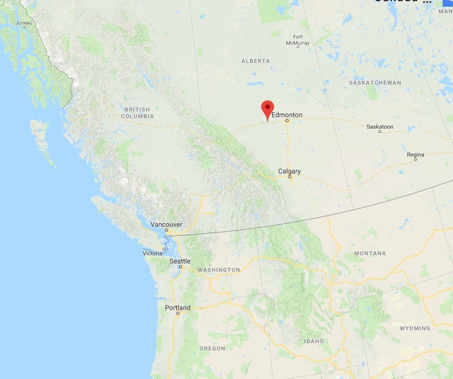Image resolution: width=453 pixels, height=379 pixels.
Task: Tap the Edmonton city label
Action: pos(286,115)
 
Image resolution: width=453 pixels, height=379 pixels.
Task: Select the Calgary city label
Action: pos(289,171)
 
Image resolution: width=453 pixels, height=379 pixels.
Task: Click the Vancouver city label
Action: pos(166,224)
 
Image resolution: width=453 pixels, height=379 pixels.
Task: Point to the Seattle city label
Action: pos(180,261)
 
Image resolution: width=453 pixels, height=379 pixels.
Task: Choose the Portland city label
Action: pos(177,308)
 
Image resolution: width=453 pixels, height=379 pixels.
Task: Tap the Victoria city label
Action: pos(153,253)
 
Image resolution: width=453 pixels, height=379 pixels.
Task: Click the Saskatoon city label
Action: pos(380,126)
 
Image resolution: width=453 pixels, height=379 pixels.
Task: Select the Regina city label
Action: pos(415,155)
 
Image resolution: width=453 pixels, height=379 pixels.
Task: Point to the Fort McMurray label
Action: pos(301,40)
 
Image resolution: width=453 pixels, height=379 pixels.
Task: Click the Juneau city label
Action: pos(24,23)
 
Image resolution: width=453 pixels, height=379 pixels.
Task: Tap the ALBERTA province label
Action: pos(255,61)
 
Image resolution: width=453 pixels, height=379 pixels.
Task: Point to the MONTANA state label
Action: pos(370,253)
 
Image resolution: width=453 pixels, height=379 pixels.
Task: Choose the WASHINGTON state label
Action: pos(219,270)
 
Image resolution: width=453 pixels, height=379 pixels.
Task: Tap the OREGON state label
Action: pos(213,348)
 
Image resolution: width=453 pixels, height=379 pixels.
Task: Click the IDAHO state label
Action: pos(314,341)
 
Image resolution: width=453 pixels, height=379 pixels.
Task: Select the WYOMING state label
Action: pos(415,328)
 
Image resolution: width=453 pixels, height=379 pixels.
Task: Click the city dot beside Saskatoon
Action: pos(380,132)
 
